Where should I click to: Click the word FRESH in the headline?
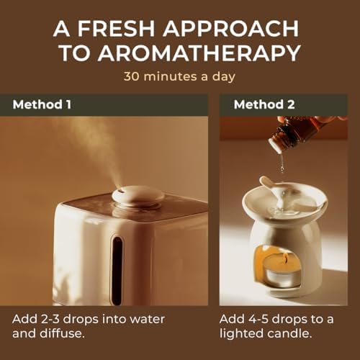pos(116,28)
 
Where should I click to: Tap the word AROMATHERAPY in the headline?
pos(199,53)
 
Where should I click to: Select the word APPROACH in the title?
pos(230,28)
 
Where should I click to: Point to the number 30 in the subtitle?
pos(131,76)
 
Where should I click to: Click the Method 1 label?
pos(42,104)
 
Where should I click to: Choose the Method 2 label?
pos(264,104)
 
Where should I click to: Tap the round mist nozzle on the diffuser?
pos(138,195)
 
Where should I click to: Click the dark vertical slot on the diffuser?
pos(117,270)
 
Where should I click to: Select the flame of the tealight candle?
pos(285,258)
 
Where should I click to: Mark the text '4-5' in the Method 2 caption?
pos(255,319)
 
